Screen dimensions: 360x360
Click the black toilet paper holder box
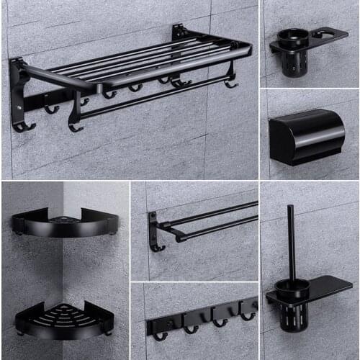click(305, 135)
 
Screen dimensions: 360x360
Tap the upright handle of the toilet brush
click(291, 241)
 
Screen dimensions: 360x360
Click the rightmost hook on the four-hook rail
click(247, 314)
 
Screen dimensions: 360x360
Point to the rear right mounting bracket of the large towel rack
click(179, 32)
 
